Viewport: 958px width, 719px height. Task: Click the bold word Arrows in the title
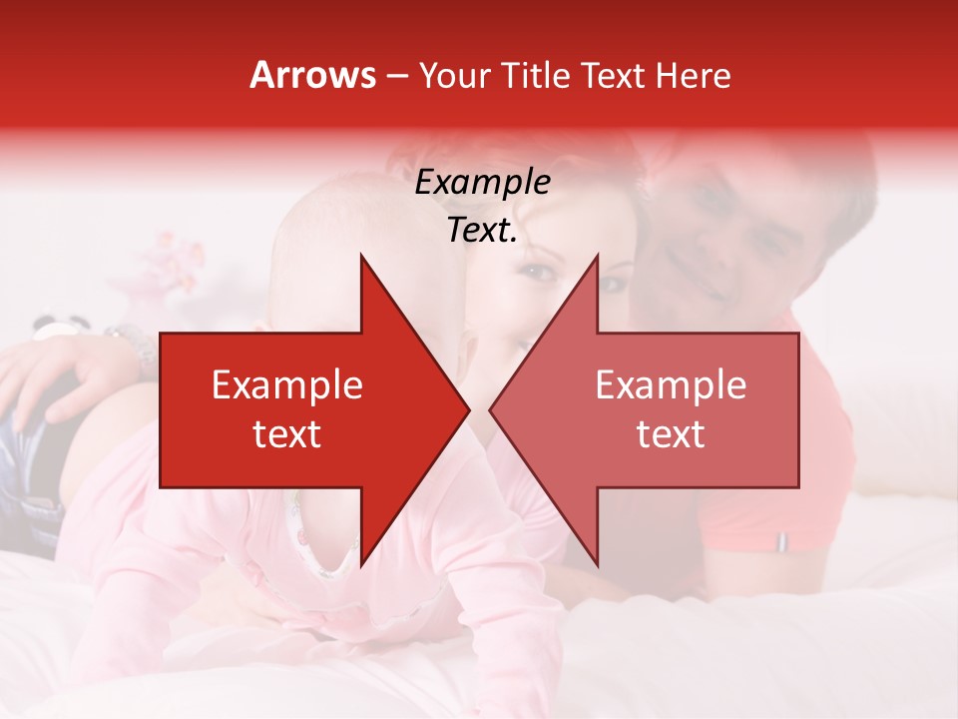[313, 75]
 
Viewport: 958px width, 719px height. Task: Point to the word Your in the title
[455, 76]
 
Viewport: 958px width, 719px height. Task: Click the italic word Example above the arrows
[482, 182]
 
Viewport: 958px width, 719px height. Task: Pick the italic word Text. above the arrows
[482, 231]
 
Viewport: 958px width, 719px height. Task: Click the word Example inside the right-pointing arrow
[287, 385]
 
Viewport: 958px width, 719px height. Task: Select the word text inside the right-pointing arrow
[287, 434]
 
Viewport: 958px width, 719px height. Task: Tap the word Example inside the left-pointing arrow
[671, 385]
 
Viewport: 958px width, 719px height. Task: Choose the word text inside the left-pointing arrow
[671, 434]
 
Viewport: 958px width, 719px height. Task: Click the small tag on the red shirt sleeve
[781, 542]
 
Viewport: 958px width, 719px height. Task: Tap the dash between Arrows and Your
[396, 76]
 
